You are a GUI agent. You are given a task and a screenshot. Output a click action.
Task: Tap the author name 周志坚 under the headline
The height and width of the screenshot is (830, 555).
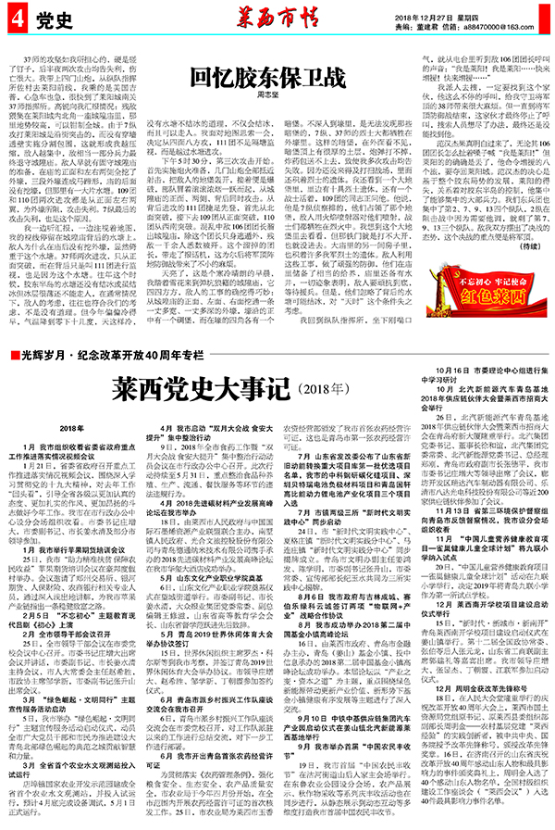277,94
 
